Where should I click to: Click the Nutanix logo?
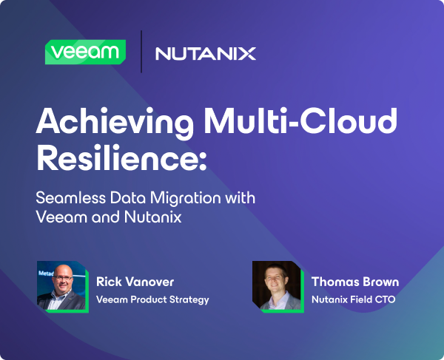coord(206,53)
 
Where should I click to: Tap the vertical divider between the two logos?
coord(141,52)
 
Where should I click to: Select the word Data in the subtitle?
coord(129,200)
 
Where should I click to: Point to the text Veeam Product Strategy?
coord(153,299)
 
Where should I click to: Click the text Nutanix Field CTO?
coord(354,299)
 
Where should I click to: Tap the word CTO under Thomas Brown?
coord(387,299)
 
